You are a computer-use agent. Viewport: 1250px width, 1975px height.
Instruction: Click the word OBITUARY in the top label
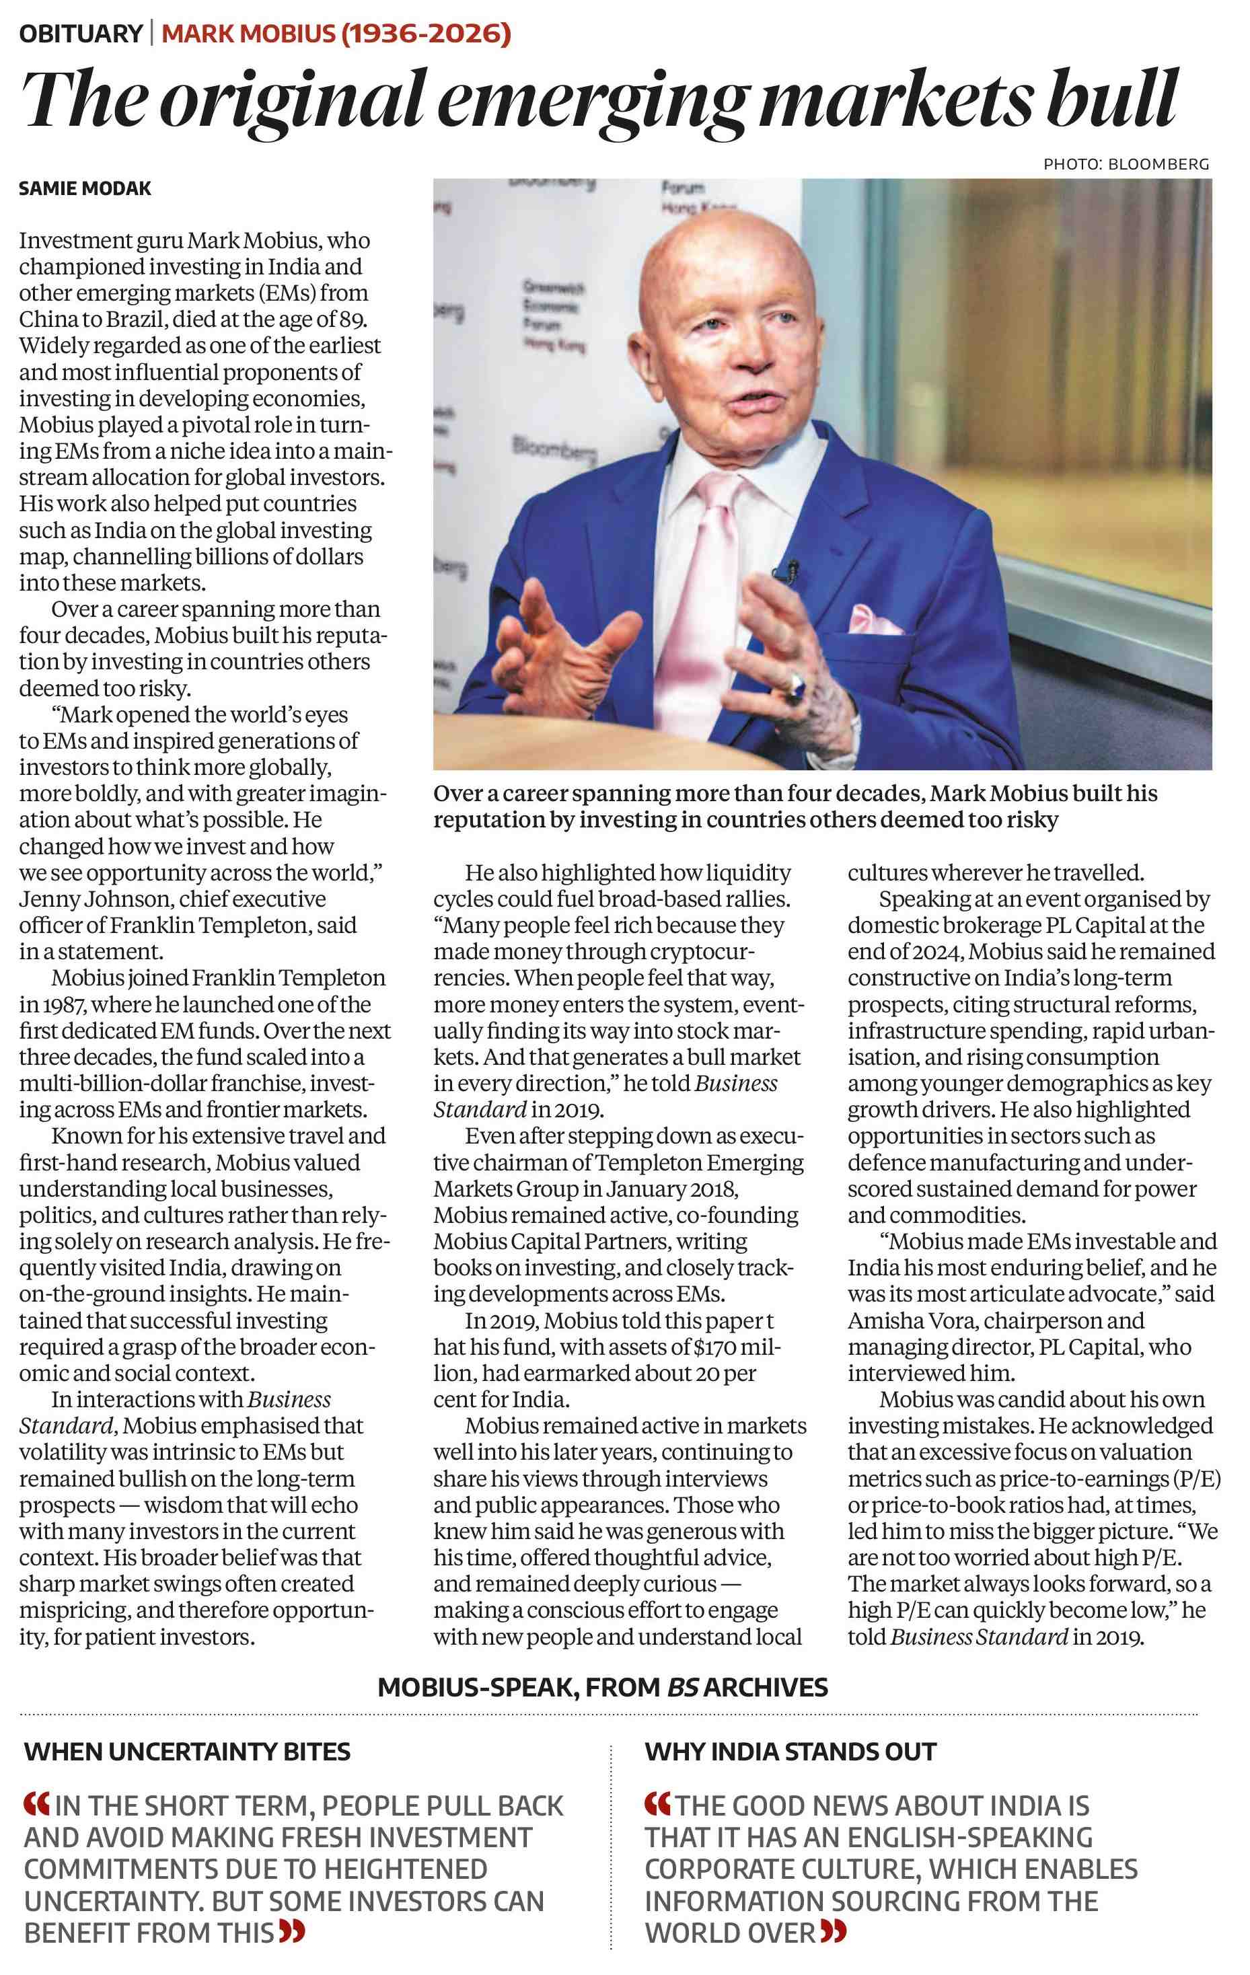coord(80,34)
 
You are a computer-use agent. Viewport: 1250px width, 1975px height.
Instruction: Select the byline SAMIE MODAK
coord(85,188)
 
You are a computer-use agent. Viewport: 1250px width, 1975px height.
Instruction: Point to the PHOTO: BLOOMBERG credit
coord(1126,164)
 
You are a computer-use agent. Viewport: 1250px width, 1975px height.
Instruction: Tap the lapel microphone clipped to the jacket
coord(789,568)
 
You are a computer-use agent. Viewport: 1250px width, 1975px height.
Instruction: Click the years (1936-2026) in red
coord(426,34)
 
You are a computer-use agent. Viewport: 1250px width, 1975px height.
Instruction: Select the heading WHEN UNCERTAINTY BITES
coord(187,1751)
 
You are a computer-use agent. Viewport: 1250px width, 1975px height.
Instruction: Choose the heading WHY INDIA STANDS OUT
coord(790,1751)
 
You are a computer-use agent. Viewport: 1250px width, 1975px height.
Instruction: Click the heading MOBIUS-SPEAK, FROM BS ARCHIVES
coord(602,1687)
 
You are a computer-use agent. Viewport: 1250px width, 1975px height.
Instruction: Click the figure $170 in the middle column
coord(719,1347)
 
